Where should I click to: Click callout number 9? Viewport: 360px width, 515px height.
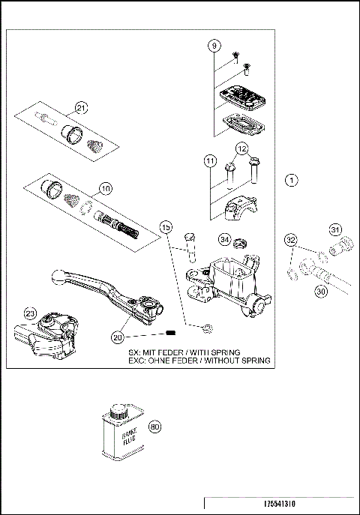(214, 46)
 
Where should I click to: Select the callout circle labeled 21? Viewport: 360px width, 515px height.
(81, 107)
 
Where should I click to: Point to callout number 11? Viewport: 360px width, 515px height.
(211, 160)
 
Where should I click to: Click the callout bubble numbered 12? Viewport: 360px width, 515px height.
(241, 149)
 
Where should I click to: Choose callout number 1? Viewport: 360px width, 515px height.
(292, 180)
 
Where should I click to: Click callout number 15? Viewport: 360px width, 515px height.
(166, 226)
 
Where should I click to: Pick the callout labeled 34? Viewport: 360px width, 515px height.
(224, 240)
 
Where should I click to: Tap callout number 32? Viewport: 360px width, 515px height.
(291, 240)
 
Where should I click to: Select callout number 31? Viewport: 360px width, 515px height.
(335, 229)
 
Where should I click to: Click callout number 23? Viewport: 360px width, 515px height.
(30, 313)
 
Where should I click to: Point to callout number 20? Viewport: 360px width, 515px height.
(116, 337)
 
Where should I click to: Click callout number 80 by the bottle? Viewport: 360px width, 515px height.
(155, 427)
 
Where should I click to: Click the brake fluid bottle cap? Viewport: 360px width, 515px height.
(116, 412)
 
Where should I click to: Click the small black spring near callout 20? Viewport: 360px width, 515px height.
(170, 332)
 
